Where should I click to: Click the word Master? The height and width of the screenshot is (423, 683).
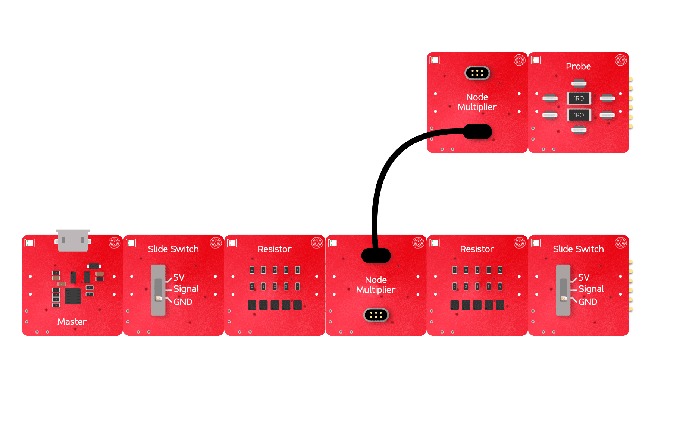(x=72, y=322)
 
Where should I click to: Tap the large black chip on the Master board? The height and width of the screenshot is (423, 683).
(x=72, y=296)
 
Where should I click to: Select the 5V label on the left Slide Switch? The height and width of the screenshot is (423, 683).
(x=179, y=278)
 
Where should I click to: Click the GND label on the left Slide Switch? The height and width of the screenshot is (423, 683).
(x=182, y=302)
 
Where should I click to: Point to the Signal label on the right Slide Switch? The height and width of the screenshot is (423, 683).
(x=590, y=289)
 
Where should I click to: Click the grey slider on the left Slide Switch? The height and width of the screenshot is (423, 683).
(x=158, y=290)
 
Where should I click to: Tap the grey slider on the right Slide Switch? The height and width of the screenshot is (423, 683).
(x=563, y=290)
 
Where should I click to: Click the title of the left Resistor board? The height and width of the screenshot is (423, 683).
(x=275, y=249)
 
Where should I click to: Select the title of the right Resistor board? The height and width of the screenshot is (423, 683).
(x=477, y=249)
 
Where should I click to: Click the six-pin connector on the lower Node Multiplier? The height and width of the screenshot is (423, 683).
(x=376, y=315)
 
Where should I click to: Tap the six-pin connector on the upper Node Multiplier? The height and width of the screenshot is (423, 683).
(x=477, y=73)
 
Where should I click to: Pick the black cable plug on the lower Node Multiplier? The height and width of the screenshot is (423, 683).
(x=376, y=256)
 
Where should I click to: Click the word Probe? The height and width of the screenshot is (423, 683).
(x=578, y=66)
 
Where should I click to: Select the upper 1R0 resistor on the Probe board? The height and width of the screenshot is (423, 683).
(x=579, y=98)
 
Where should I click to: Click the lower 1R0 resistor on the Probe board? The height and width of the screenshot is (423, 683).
(x=579, y=115)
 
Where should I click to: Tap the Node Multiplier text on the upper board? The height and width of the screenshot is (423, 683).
(x=477, y=102)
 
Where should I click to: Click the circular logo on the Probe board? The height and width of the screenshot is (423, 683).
(x=621, y=60)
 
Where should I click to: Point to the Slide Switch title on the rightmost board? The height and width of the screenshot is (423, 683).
(x=578, y=249)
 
